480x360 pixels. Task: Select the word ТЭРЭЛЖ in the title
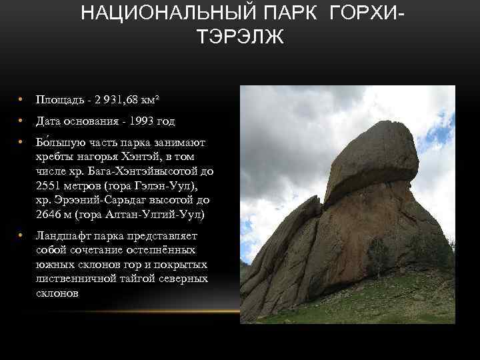click(240, 36)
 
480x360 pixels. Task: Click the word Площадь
click(58, 100)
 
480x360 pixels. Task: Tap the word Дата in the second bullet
click(49, 121)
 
